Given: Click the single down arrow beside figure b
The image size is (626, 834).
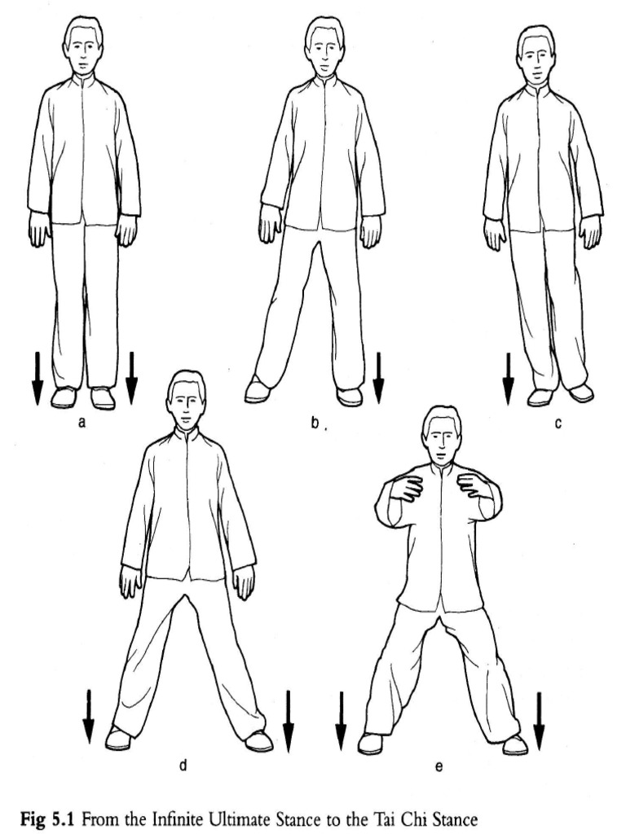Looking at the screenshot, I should [377, 377].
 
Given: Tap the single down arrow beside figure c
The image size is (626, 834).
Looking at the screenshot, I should [508, 377].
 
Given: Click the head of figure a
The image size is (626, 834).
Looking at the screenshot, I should [83, 46].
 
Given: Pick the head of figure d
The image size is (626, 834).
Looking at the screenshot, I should [186, 399].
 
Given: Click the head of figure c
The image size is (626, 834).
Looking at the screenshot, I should [536, 55].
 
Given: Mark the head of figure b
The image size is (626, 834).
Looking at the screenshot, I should [324, 46].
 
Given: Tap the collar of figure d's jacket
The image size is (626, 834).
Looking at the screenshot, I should [187, 434].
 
